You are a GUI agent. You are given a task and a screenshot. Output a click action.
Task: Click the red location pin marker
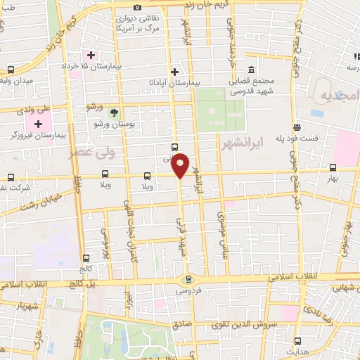click(x=181, y=165)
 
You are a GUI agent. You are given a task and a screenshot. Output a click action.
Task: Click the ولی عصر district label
click(x=89, y=153)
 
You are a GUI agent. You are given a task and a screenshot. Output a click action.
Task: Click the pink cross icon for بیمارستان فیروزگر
click(x=39, y=124)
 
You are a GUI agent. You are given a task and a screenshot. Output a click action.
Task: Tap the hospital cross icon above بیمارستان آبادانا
click(x=175, y=71)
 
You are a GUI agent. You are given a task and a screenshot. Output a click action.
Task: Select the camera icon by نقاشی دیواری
click(x=137, y=7)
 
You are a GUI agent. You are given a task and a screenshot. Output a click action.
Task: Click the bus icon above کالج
click(x=86, y=258)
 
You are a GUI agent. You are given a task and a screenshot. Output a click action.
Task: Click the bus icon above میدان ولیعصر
click(x=11, y=70)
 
